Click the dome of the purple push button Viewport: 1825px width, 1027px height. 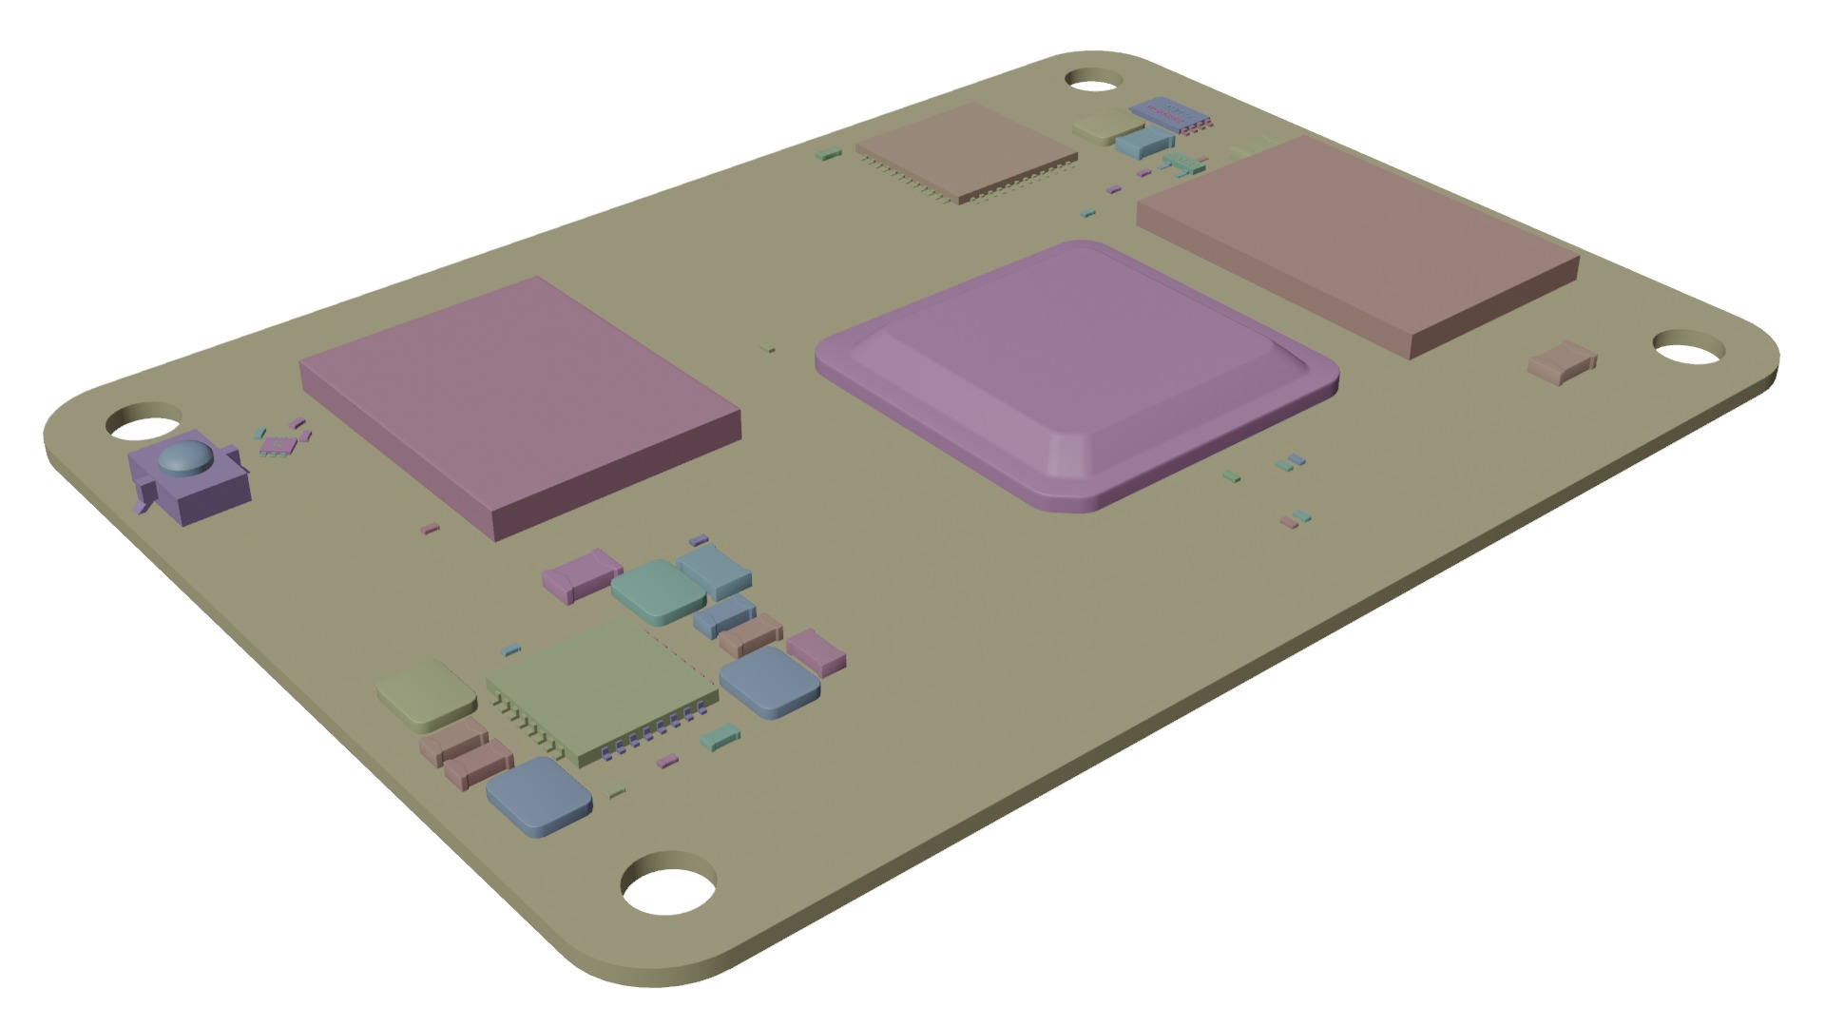[184, 459]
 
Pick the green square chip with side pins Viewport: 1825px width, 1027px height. [599, 687]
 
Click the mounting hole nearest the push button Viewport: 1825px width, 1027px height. [144, 421]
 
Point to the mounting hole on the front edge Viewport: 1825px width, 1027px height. [668, 890]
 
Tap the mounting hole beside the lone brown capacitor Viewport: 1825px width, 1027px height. [1689, 349]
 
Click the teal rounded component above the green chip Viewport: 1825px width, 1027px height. [658, 590]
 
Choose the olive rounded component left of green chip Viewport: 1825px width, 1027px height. [426, 694]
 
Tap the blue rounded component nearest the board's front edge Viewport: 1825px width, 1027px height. [538, 796]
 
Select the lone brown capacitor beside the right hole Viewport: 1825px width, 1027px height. [1562, 363]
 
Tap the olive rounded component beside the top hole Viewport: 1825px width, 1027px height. [1101, 126]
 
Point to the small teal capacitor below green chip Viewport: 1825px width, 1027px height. [719, 736]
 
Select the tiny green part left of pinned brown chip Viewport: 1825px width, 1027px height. [829, 152]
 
